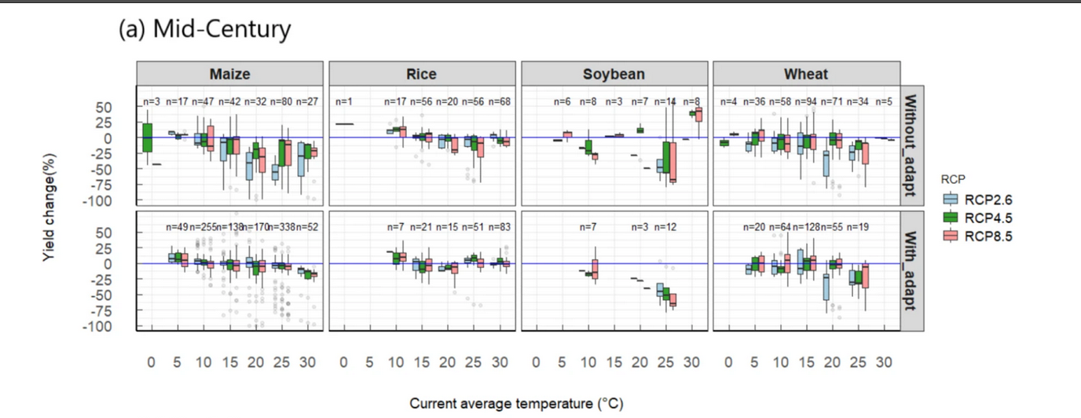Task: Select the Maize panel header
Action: [230, 75]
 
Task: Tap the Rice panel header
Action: [423, 75]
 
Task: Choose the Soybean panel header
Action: [614, 75]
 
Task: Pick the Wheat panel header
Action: [806, 75]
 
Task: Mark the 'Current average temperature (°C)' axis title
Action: [516, 404]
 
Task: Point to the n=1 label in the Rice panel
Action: [344, 101]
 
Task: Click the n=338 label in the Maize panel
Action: [282, 227]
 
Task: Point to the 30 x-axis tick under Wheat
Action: [884, 364]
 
